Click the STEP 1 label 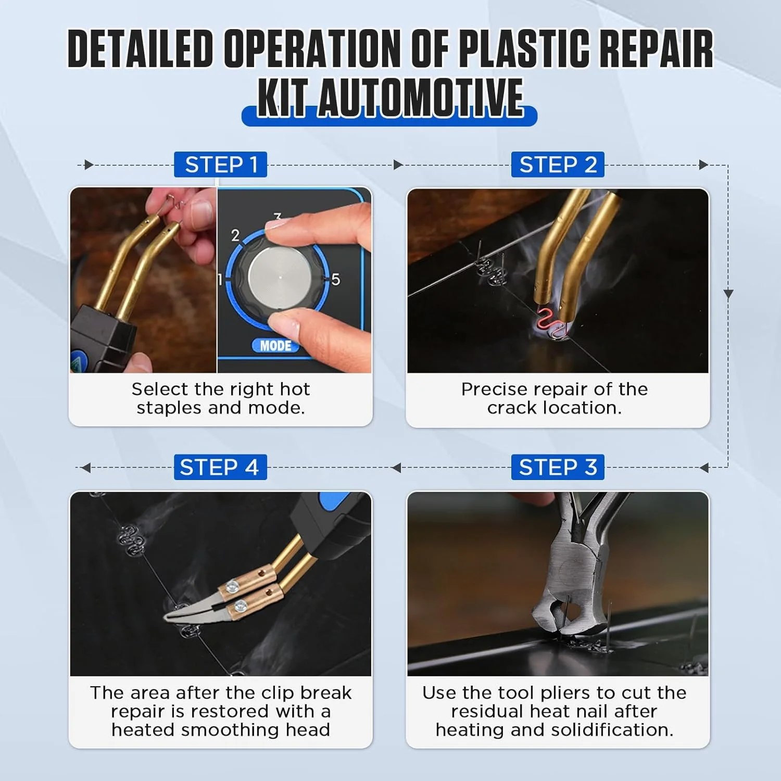(x=220, y=165)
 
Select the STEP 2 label (x=558, y=165)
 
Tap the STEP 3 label (x=558, y=467)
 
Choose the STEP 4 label (x=220, y=467)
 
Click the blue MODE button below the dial (x=276, y=346)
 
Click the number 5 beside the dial (x=335, y=279)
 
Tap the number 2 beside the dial (x=235, y=235)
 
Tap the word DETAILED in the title (x=141, y=49)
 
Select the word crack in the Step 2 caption (x=512, y=408)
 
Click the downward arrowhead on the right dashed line (x=728, y=294)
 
